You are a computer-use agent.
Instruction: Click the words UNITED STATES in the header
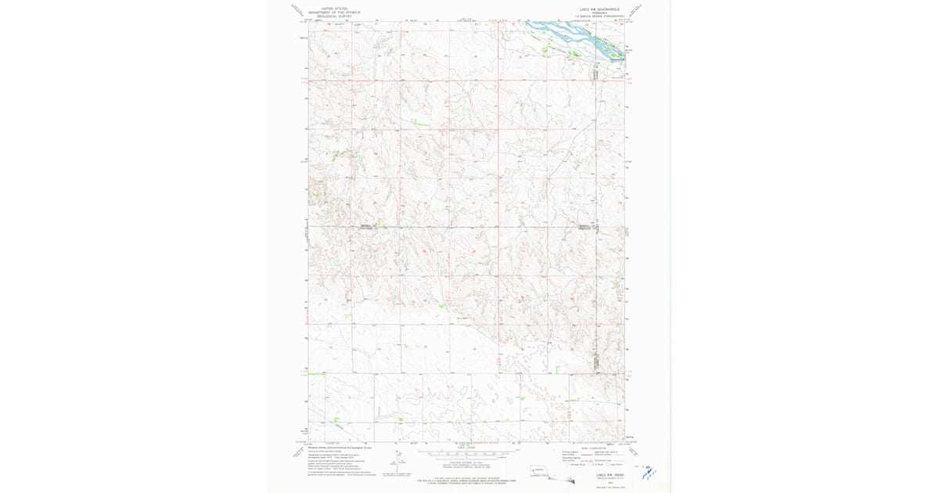coord(329,8)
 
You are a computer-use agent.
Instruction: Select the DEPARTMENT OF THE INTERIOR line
coord(329,13)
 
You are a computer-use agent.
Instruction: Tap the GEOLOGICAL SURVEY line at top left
coord(329,16)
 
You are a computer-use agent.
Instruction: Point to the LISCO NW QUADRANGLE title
coord(597,8)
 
